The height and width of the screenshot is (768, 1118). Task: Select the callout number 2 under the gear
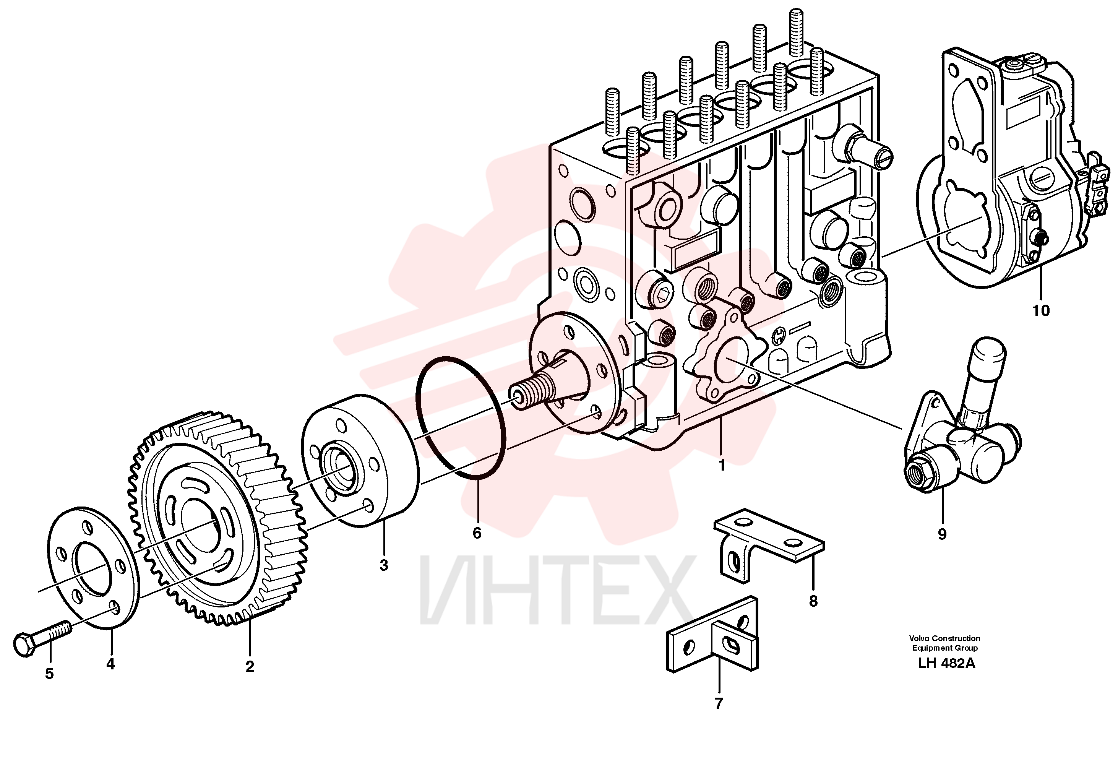[x=250, y=666]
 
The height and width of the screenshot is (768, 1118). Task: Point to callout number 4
[x=110, y=664]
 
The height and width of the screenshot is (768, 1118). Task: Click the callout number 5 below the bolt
[x=50, y=674]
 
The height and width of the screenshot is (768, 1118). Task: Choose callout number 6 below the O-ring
[x=477, y=533]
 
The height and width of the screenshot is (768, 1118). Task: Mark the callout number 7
[x=719, y=703]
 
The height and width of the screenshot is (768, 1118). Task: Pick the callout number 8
[x=813, y=601]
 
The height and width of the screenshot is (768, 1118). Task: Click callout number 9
[x=942, y=534]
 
